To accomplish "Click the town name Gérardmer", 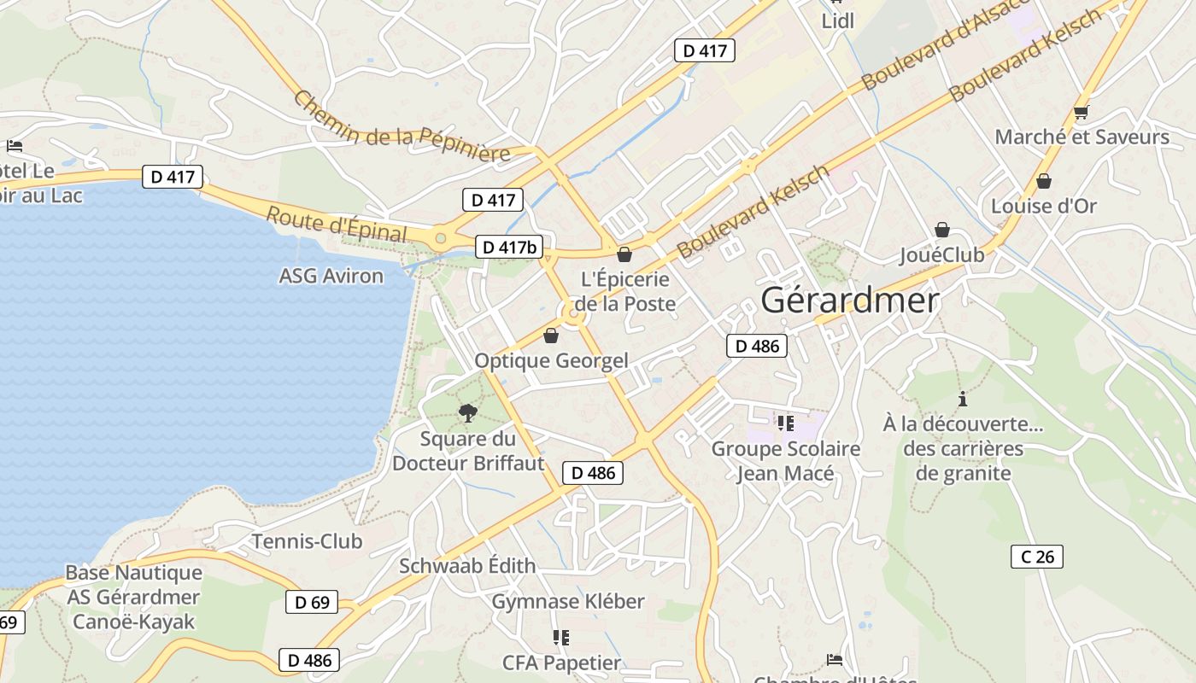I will pyautogui.click(x=849, y=300).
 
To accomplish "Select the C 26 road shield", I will pyautogui.click(x=1037, y=557).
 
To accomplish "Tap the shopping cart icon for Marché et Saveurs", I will pyautogui.click(x=1081, y=112).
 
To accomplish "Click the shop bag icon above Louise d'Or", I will pyautogui.click(x=1043, y=181).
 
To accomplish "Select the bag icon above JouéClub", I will pyautogui.click(x=942, y=230).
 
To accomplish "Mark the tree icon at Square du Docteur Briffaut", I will pyautogui.click(x=467, y=414).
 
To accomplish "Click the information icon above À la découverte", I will pyautogui.click(x=963, y=399).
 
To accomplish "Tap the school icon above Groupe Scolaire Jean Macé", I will pyautogui.click(x=786, y=423).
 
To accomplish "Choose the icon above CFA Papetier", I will pyautogui.click(x=560, y=637).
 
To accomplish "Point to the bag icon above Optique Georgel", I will pyautogui.click(x=551, y=336).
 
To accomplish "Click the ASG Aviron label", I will pyautogui.click(x=331, y=276).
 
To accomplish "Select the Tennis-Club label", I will pyautogui.click(x=307, y=541).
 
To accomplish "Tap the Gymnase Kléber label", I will pyautogui.click(x=568, y=601).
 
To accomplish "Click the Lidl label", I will pyautogui.click(x=837, y=21).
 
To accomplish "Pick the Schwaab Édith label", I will pyautogui.click(x=467, y=565).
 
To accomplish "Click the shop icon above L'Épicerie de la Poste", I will pyautogui.click(x=624, y=254).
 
